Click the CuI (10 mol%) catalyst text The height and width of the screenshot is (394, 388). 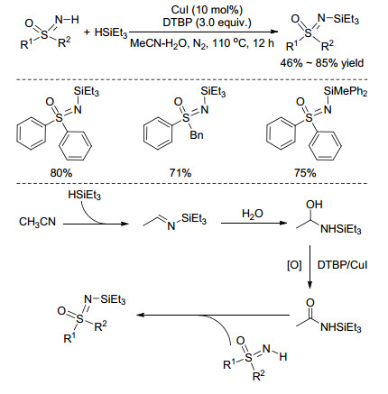coord(207,10)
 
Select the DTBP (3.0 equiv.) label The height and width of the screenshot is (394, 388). coord(207,23)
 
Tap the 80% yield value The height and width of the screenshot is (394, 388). coord(61,173)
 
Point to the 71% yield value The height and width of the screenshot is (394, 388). coord(180,173)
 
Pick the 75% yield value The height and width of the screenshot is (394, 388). coord(305,173)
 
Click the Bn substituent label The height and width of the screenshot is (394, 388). coord(197,135)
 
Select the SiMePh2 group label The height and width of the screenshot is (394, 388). coord(346,91)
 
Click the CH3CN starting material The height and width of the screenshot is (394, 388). coord(38,222)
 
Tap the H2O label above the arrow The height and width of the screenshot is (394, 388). coord(253,214)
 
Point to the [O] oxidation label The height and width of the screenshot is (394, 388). coord(294,265)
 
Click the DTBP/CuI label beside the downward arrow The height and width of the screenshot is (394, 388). coord(343,265)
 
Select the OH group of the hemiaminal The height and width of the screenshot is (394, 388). coord(314,205)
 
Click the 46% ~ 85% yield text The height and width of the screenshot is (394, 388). coord(322,63)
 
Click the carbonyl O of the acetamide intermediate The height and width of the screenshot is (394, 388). coord(310,303)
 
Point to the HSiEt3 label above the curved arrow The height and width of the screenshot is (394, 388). coord(85,196)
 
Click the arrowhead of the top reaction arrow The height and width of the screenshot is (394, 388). coord(273,32)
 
